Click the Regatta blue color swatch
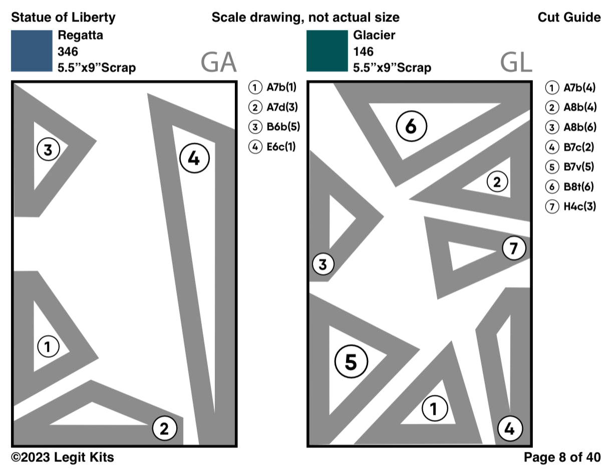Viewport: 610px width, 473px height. (32, 51)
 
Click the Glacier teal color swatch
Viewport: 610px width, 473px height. (327, 51)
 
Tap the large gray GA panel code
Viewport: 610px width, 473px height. (218, 63)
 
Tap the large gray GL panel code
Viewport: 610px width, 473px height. (515, 63)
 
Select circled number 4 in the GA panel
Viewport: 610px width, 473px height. (194, 159)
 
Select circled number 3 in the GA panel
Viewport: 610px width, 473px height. (48, 149)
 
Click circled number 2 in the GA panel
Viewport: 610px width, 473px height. (164, 428)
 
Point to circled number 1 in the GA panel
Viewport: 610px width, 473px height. (48, 346)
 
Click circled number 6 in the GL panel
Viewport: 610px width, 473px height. (411, 127)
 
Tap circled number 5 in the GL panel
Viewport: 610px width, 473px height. (351, 362)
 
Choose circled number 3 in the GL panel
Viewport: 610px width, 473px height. (323, 264)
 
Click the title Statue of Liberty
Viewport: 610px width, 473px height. (63, 18)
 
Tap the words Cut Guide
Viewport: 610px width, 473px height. (569, 18)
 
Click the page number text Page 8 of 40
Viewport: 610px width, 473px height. (562, 457)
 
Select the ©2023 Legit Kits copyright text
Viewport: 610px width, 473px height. (63, 457)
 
